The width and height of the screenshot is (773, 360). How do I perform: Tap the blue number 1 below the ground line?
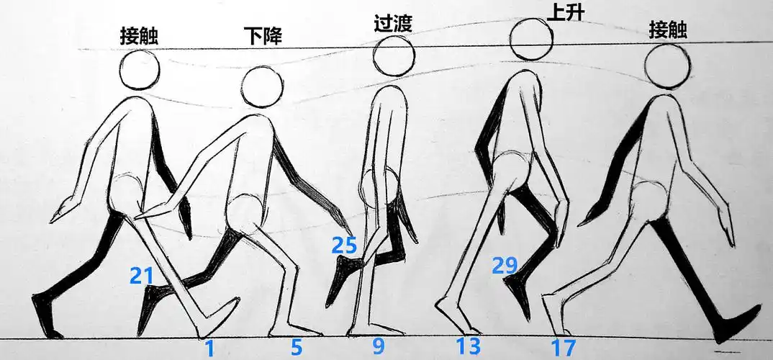point(209,348)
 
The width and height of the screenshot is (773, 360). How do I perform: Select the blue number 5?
point(297,347)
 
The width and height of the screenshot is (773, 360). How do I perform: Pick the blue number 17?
point(564,348)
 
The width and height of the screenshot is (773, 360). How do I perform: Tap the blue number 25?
point(344,245)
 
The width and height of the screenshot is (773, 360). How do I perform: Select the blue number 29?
point(505,265)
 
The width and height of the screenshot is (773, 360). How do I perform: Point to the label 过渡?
point(393,23)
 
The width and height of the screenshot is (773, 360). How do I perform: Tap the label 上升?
point(563,12)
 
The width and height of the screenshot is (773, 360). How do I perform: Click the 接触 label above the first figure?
point(139,37)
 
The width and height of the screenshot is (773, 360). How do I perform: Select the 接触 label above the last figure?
point(669,30)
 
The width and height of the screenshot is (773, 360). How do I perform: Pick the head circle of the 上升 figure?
point(531,39)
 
